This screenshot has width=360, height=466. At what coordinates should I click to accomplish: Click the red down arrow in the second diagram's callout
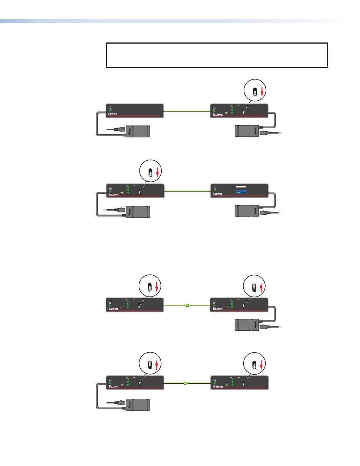pyautogui.click(x=157, y=172)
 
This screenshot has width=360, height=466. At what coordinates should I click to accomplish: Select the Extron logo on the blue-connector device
pyautogui.click(x=217, y=194)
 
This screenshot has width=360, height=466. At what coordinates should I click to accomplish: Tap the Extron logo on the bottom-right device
pyautogui.click(x=217, y=387)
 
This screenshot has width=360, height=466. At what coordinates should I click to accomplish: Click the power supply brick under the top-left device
pyautogui.click(x=138, y=131)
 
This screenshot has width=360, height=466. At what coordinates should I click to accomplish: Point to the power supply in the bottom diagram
pyautogui.click(x=138, y=404)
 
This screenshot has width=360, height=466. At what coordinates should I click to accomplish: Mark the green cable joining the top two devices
pyautogui.click(x=187, y=111)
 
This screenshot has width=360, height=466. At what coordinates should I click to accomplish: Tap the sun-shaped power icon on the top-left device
pyautogui.click(x=110, y=108)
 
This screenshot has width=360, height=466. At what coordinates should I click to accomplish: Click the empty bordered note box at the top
pyautogui.click(x=216, y=55)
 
